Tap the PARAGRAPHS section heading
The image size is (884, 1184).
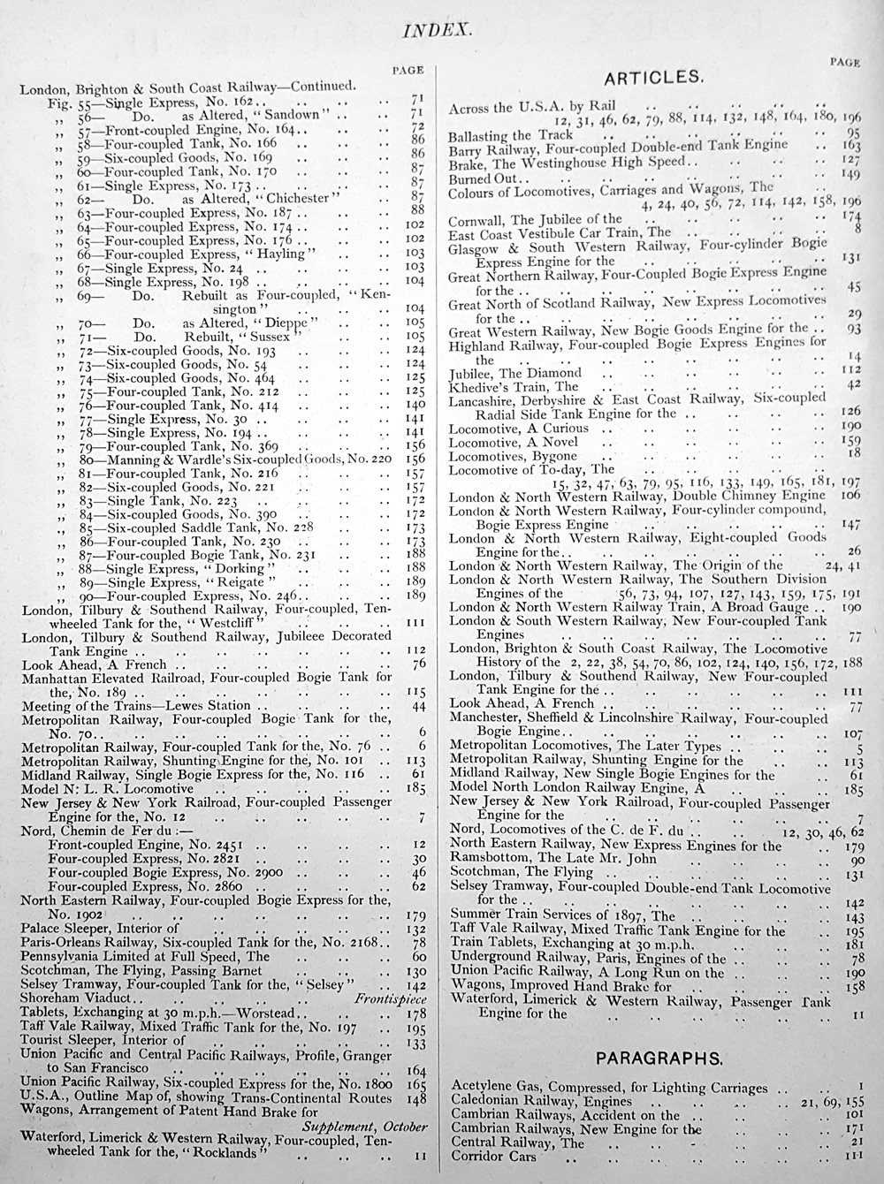tap(659, 1058)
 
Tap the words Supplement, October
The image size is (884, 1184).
tap(364, 1127)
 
